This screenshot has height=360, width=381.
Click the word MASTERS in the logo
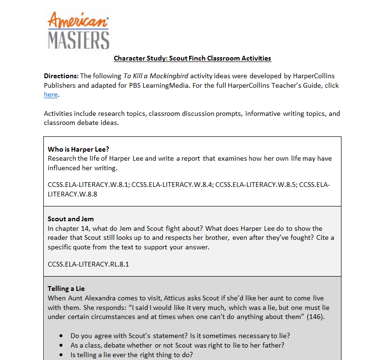[x=79, y=40]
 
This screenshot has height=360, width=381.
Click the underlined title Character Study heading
[x=192, y=58]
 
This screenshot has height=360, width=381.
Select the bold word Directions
[x=61, y=76]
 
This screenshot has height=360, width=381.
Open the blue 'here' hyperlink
[x=50, y=95]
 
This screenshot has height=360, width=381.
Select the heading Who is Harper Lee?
[x=75, y=149]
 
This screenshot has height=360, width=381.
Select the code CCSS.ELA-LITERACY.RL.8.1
[x=88, y=264]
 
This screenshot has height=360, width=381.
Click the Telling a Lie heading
[x=66, y=288]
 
